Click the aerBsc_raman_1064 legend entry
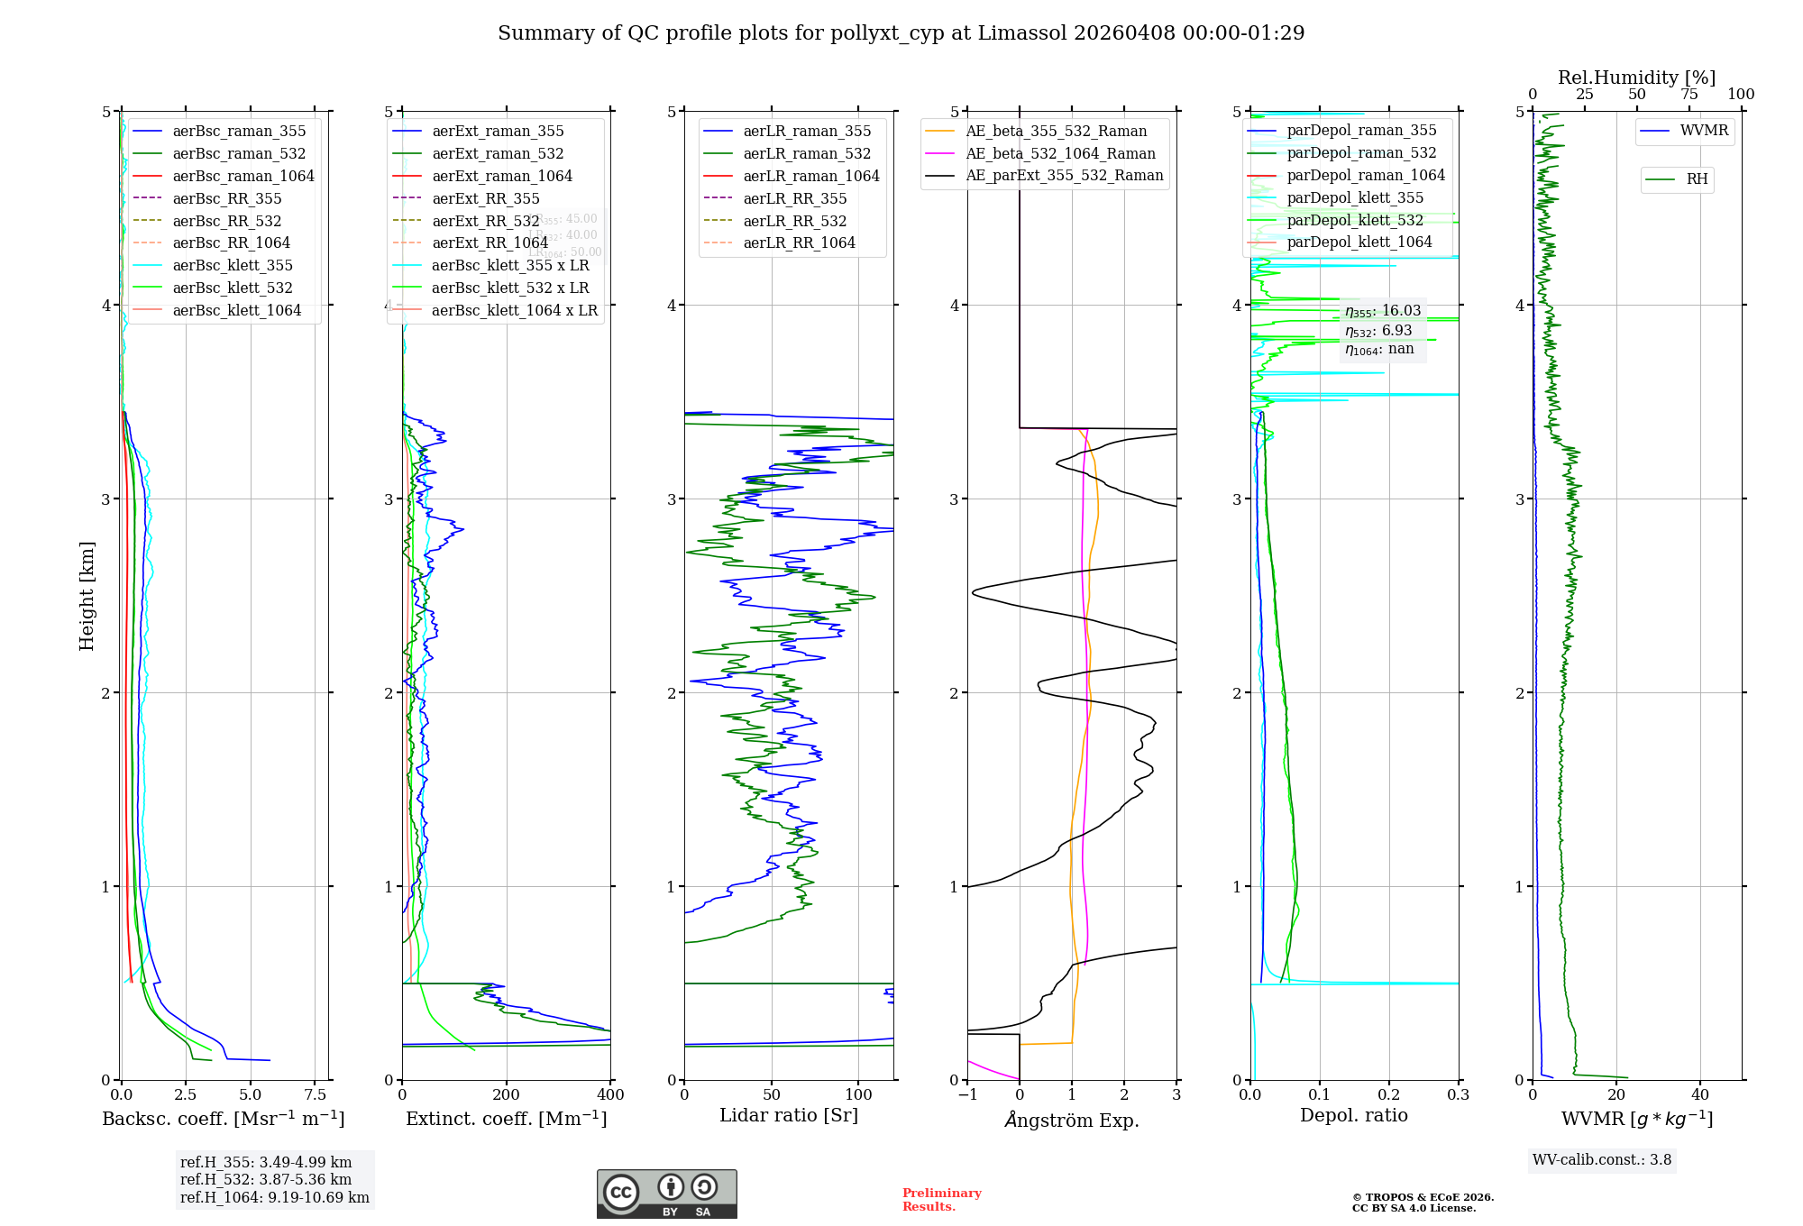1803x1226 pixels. [243, 176]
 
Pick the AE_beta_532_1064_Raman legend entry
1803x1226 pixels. [1060, 153]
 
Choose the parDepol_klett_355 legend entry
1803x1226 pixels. [1355, 197]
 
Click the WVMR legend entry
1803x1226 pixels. [1704, 131]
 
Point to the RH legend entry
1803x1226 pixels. [1697, 179]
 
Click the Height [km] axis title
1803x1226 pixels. [87, 596]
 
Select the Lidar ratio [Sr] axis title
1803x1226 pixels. [789, 1115]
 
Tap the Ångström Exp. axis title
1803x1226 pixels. [1072, 1120]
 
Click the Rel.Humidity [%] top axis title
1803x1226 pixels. [1636, 78]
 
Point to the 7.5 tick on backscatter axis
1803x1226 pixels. [315, 1095]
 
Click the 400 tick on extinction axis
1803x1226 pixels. [610, 1095]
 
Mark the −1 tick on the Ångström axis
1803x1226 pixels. [967, 1095]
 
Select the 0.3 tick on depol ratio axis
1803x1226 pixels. [1458, 1095]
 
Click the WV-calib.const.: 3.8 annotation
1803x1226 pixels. [1602, 1160]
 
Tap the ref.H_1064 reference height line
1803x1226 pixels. [275, 1197]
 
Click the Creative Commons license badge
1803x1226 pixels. [666, 1194]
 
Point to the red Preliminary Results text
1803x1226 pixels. [941, 1200]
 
